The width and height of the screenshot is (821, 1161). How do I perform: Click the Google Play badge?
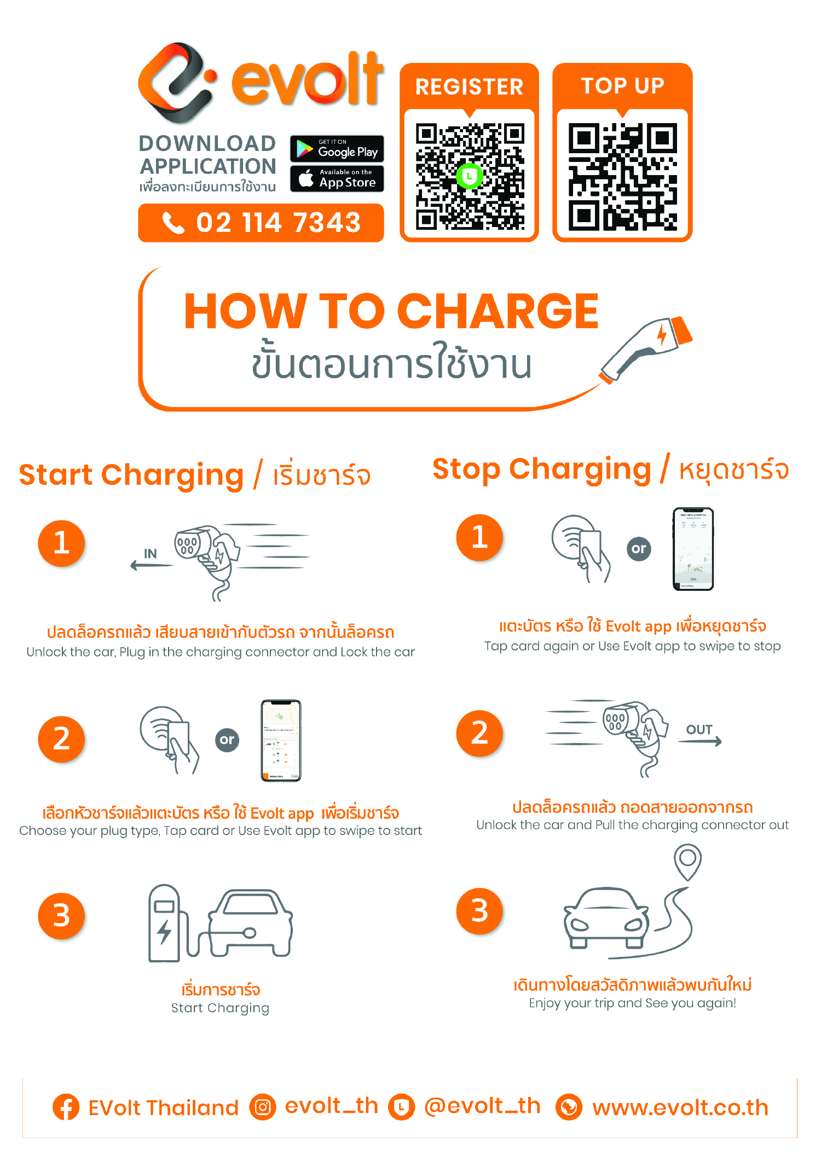click(337, 148)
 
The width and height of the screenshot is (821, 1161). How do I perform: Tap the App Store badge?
click(337, 178)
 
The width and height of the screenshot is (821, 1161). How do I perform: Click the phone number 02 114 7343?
click(278, 223)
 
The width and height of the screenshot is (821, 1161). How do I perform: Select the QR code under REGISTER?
click(470, 176)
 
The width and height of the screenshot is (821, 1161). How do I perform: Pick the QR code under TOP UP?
click(622, 176)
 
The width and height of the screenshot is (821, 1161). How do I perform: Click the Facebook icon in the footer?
click(66, 1107)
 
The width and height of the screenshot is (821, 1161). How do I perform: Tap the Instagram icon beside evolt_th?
click(263, 1107)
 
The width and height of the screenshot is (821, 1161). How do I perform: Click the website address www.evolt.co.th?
click(680, 1107)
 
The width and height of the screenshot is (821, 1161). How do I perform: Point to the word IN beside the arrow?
click(150, 554)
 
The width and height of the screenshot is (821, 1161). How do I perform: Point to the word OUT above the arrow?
click(699, 729)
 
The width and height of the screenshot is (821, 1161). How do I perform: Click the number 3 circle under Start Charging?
click(61, 916)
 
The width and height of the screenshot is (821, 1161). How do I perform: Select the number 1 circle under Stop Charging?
click(479, 537)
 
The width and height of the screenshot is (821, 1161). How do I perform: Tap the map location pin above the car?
click(688, 861)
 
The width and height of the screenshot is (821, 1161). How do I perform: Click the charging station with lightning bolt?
click(164, 923)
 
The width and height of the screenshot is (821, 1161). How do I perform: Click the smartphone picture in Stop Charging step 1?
click(693, 549)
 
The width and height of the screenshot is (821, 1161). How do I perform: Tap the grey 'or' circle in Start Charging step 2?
click(227, 740)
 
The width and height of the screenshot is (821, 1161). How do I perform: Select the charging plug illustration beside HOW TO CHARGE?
click(646, 349)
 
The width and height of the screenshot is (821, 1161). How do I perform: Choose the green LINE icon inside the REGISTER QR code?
click(469, 176)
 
